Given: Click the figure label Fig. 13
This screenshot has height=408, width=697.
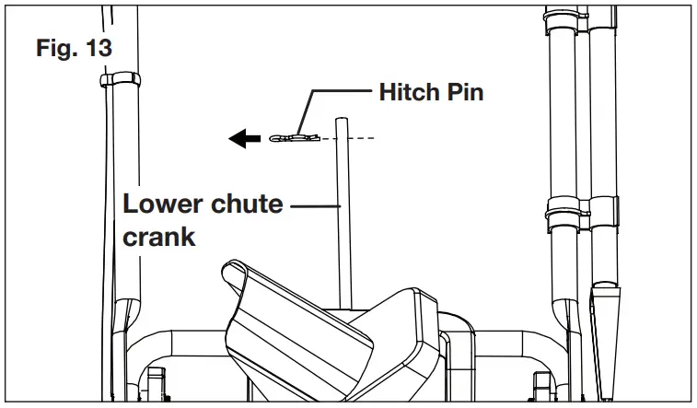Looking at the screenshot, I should [x=74, y=48].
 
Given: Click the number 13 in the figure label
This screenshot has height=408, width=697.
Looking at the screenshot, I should [x=96, y=48].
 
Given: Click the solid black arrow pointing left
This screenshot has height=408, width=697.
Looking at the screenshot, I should [x=244, y=139].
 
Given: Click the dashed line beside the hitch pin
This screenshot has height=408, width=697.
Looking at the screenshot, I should [x=365, y=138].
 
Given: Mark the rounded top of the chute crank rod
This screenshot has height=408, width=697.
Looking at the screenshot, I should [x=342, y=120].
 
